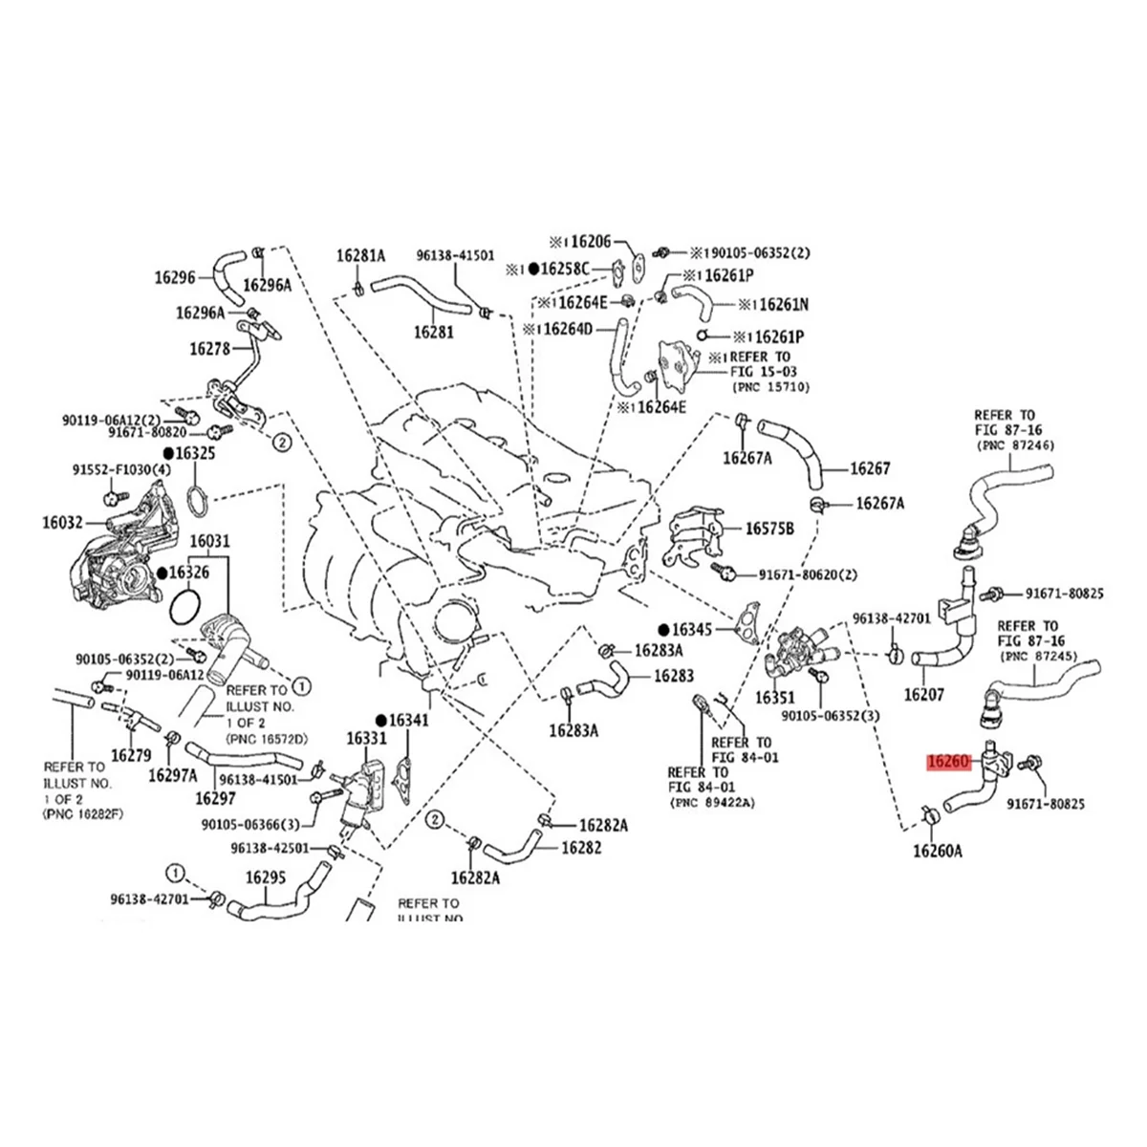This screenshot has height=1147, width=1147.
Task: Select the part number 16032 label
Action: point(63,523)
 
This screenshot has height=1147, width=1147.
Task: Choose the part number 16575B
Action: point(769,528)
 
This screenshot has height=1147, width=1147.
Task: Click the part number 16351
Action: point(775,698)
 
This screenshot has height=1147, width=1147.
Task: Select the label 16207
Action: point(924,695)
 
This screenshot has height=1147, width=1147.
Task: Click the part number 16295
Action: point(267,876)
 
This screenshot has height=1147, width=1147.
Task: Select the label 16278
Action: point(211,350)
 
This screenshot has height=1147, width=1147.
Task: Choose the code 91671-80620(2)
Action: point(808,575)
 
